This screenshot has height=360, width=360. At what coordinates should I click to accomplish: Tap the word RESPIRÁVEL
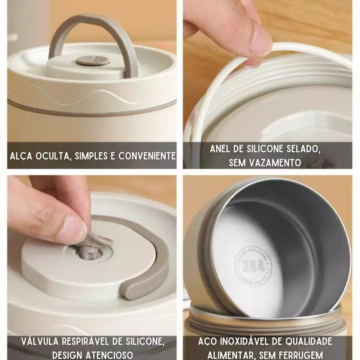point(90,341)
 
